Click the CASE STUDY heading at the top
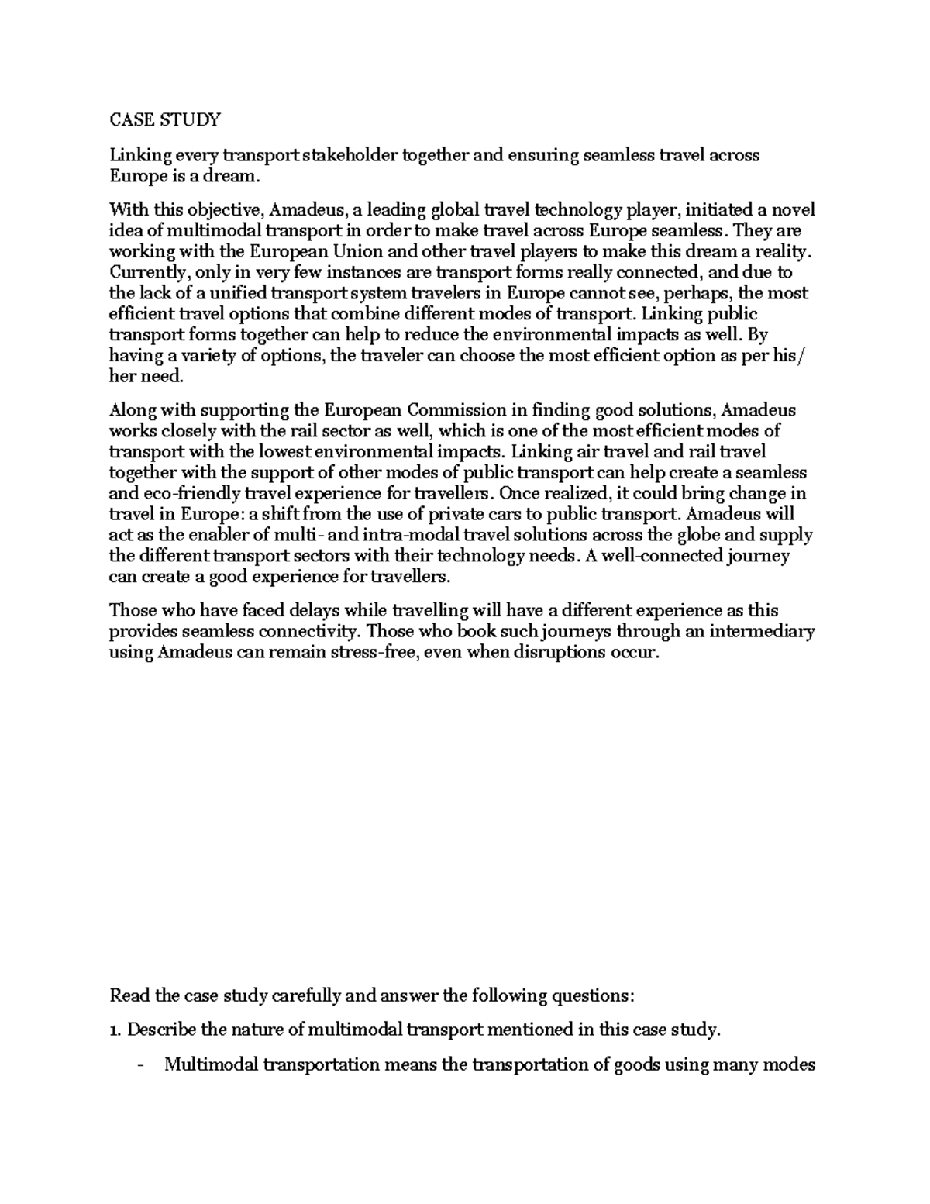click(165, 119)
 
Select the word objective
click(222, 210)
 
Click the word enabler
click(207, 534)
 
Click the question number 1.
click(115, 1030)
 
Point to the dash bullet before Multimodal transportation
click(139, 1064)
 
